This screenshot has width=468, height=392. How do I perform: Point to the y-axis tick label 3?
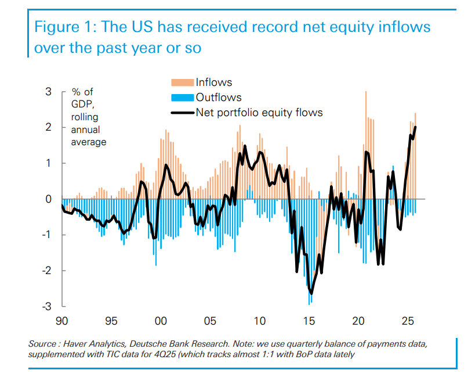click(48, 92)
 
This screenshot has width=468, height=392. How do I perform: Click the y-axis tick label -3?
click(46, 306)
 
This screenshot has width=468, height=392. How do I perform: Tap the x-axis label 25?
click(407, 321)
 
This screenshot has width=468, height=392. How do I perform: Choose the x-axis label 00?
click(161, 321)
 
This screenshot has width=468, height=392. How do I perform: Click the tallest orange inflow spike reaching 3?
click(365, 92)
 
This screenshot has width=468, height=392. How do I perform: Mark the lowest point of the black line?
click(311, 293)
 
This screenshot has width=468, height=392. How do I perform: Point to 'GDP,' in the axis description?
click(82, 105)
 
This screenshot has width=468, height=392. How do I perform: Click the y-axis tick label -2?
click(46, 271)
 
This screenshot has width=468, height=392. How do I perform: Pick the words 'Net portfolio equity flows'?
click(259, 112)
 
